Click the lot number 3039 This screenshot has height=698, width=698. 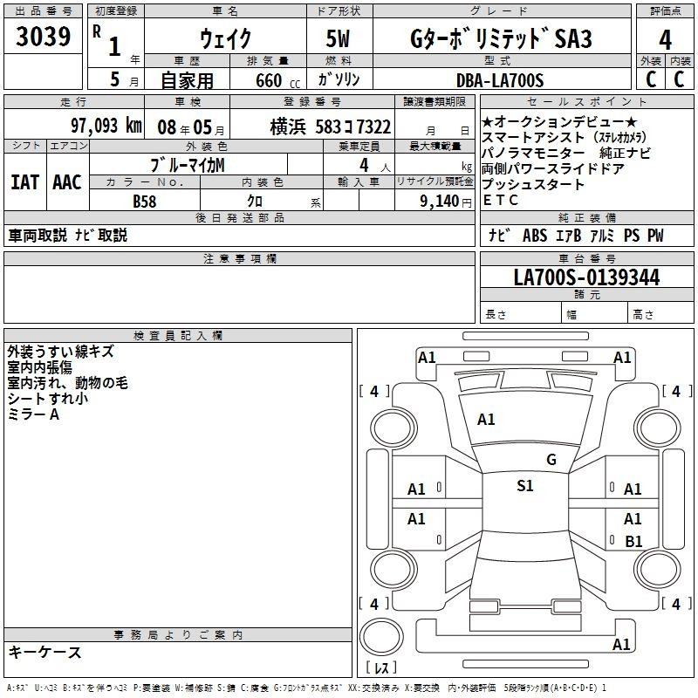pyautogui.click(x=43, y=36)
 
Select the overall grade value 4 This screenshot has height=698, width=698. pyautogui.click(x=665, y=40)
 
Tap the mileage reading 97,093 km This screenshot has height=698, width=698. pyautogui.click(x=106, y=126)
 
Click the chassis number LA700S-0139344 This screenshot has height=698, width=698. pyautogui.click(x=586, y=277)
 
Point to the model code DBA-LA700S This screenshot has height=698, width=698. pyautogui.click(x=500, y=80)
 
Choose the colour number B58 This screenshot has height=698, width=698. pyautogui.click(x=145, y=202)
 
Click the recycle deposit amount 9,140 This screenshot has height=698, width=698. pyautogui.click(x=440, y=202)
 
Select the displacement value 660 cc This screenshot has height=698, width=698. pyautogui.click(x=277, y=81)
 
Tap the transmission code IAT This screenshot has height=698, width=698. pyautogui.click(x=25, y=182)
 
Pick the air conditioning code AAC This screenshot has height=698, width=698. pyautogui.click(x=67, y=182)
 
